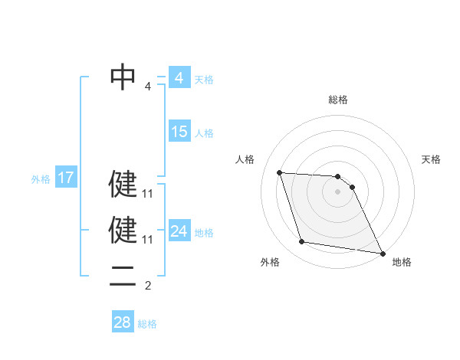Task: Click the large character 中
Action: pos(123,77)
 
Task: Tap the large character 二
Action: pos(123,280)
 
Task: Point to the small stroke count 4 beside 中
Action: pos(148,87)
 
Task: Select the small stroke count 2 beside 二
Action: pos(148,286)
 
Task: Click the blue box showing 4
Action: pos(179,77)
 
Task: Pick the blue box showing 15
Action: pos(179,132)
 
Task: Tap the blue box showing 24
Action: pos(179,231)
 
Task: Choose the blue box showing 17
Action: pos(65,178)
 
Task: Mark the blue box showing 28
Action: pos(122,322)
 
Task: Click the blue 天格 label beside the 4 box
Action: pos(203,79)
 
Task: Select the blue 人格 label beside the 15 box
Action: pos(203,133)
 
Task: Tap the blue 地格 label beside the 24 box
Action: pos(204,233)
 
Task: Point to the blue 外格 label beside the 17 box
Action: pos(41,180)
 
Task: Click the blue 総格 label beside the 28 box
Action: pos(147,324)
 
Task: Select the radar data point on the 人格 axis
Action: pos(279,172)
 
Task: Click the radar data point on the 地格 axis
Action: pos(382,251)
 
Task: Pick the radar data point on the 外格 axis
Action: pos(302,242)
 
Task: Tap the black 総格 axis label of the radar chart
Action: pos(338,100)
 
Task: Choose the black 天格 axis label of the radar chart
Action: pos(431,159)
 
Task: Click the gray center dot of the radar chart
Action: pos(338,192)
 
